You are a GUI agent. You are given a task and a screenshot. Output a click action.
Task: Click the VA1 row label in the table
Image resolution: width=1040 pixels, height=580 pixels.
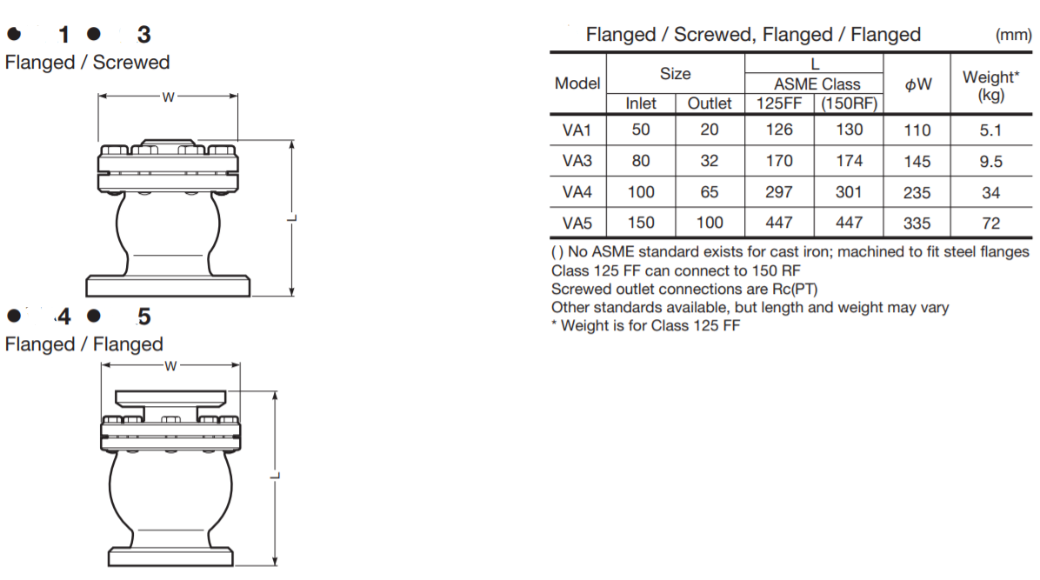pos(577,130)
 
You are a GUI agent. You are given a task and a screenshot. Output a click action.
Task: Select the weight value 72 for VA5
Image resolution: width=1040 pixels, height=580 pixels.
pos(990,223)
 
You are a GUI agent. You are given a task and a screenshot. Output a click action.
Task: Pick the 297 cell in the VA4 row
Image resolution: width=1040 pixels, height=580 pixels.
pos(779,192)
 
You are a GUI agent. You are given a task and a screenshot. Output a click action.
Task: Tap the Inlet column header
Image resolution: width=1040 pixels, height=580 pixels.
pos(641,103)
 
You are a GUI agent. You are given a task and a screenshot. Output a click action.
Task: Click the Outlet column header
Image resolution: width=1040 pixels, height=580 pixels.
pos(710,103)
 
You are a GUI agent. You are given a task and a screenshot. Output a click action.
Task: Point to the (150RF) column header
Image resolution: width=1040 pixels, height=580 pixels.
pos(849,103)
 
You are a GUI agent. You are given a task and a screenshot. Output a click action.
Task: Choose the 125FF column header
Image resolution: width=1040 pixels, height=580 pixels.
pos(779,103)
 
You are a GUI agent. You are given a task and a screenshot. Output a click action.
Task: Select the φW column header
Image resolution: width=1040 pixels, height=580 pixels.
pos(917,84)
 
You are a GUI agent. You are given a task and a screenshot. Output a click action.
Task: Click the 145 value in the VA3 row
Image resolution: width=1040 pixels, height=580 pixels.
pos(917,162)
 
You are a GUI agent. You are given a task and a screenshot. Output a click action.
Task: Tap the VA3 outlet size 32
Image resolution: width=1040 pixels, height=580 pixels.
pos(710,161)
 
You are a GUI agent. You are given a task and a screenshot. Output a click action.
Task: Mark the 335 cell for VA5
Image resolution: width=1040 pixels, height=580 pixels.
pos(917,223)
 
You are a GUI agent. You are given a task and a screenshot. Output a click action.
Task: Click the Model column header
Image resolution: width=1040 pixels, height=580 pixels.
pos(577,84)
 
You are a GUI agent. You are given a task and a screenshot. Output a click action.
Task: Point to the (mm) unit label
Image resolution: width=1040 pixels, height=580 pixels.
pos(1013,36)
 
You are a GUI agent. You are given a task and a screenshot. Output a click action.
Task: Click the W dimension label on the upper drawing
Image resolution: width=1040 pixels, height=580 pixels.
pos(168,97)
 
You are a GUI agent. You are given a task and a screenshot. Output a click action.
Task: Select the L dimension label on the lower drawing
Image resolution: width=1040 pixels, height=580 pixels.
pos(275,476)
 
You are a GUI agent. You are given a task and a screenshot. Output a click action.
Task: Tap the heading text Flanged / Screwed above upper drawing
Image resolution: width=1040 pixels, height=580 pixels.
pos(87,63)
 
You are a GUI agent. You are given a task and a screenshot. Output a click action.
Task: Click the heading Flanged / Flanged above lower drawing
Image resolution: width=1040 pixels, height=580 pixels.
pos(83,344)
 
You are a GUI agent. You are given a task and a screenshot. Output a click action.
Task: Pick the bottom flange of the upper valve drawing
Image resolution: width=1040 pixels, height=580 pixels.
pos(168,286)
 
